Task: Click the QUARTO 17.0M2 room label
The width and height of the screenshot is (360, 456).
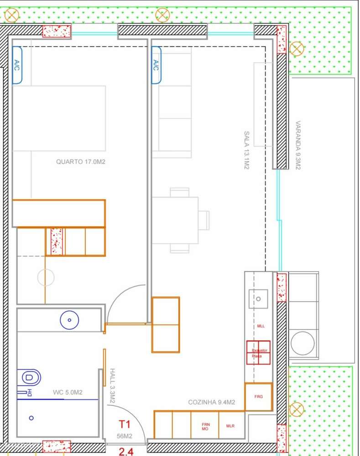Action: [81, 162]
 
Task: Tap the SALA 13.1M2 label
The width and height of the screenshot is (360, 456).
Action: [246, 150]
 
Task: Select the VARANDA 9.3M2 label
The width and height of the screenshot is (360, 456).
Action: [298, 145]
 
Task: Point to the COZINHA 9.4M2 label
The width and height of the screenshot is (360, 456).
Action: [211, 402]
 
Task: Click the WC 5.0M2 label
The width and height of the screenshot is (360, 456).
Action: [68, 392]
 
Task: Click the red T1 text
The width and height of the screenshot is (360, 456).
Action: [125, 425]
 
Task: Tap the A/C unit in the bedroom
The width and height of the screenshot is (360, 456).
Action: [17, 65]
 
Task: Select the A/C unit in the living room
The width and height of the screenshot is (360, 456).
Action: [156, 65]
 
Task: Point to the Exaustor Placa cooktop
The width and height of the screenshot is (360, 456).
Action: [258, 353]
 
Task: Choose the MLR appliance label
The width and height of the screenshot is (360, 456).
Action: [230, 426]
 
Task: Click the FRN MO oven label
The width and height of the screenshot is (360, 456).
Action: [205, 426]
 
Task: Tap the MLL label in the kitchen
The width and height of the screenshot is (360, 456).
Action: [261, 326]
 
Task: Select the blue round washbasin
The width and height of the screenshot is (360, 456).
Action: [69, 320]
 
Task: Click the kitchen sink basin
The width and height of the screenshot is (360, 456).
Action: [258, 299]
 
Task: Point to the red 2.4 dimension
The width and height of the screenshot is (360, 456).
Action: [126, 451]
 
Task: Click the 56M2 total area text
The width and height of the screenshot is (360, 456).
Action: [124, 436]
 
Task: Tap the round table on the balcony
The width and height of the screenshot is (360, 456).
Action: [302, 343]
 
